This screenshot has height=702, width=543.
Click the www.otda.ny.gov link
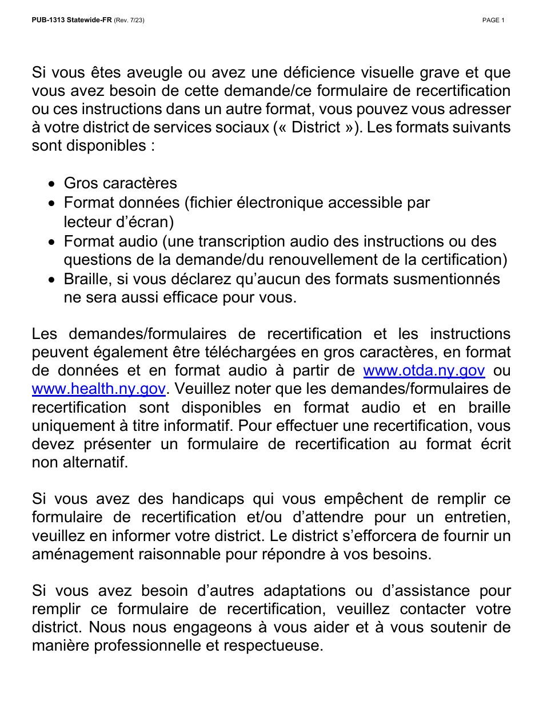click(x=424, y=371)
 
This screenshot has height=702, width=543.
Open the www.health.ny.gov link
click(x=98, y=389)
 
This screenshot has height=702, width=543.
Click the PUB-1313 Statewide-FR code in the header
click(x=71, y=21)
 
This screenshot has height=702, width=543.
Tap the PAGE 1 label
click(x=493, y=21)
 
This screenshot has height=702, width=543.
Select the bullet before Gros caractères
click(x=52, y=184)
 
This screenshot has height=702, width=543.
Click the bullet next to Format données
click(x=52, y=204)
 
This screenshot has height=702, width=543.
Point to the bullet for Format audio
click(x=52, y=243)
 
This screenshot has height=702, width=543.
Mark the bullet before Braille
click(x=52, y=280)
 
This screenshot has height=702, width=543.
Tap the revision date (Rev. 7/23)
click(x=129, y=21)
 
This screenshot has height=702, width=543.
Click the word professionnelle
click(x=156, y=646)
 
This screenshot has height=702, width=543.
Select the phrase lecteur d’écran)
click(x=119, y=221)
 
